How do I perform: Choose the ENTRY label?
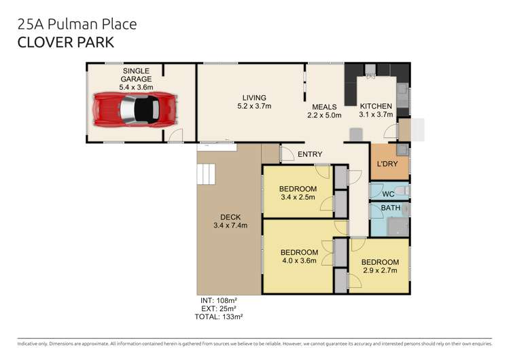coord(310,154)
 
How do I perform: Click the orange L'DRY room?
coord(389,163)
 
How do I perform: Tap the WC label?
coord(388,194)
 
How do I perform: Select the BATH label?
coord(389,208)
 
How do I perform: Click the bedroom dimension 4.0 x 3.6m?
coord(299,259)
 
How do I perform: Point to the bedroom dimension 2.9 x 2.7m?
coord(380,271)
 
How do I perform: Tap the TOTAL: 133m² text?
coord(220,316)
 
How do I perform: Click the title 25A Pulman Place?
coord(77,24)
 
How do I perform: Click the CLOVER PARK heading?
coord(66,41)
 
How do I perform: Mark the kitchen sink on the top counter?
coord(370,70)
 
